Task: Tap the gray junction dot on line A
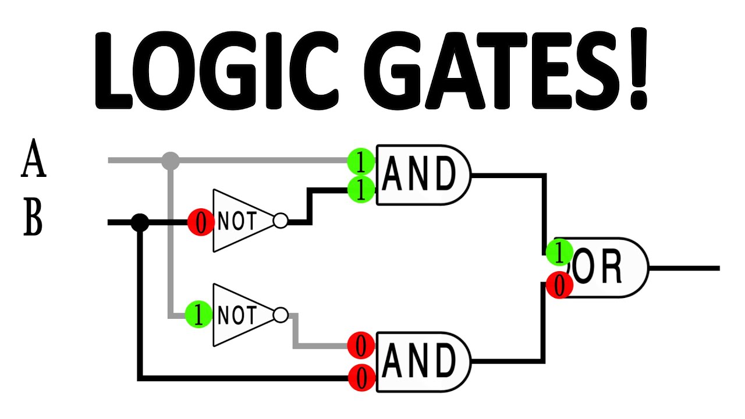[x=170, y=161]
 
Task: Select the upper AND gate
[x=423, y=175]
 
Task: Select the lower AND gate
[x=423, y=361]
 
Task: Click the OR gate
[x=605, y=268]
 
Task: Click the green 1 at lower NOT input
[x=198, y=315]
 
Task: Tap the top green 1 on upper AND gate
[x=361, y=162]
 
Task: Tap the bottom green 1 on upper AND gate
[x=361, y=190]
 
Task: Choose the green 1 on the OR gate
[x=559, y=252]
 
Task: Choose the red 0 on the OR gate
[x=559, y=286]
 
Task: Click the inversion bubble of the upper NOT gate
[x=281, y=222]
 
